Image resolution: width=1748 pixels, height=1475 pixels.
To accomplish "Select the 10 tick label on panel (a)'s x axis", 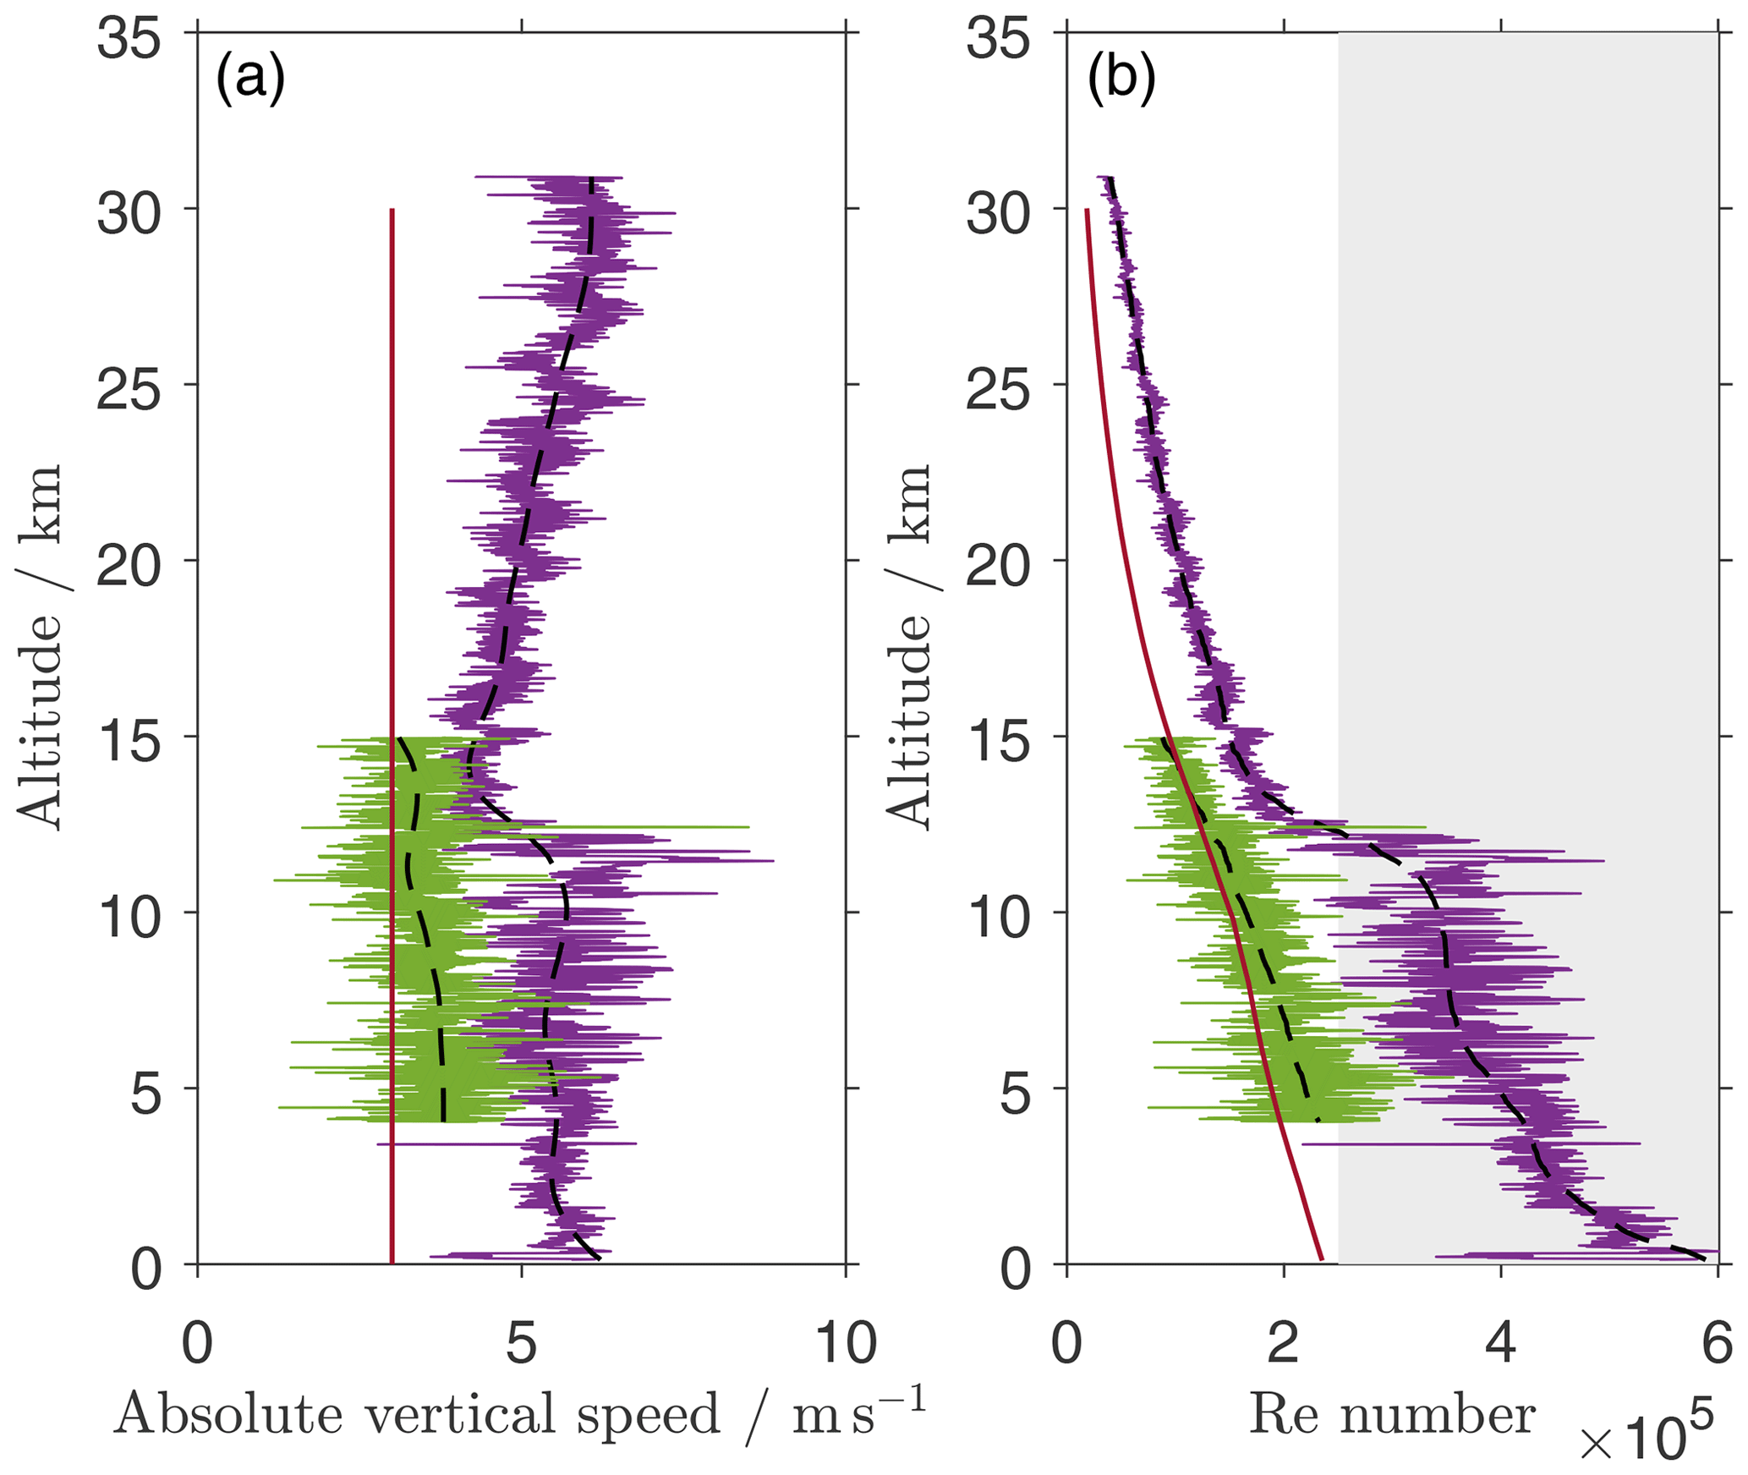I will click(845, 1342).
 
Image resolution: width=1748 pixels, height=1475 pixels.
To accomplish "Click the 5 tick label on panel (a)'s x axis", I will click(521, 1342).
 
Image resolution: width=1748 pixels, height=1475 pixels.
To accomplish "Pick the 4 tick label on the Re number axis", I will click(1500, 1342).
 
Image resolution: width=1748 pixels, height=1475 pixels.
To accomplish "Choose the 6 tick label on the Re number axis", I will click(1717, 1342).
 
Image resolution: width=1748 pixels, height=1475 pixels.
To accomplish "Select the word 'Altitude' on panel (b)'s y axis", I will click(910, 719).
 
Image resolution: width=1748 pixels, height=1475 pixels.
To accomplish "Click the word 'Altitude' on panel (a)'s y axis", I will click(41, 719).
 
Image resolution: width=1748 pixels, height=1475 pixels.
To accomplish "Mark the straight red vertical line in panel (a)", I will click(392, 592).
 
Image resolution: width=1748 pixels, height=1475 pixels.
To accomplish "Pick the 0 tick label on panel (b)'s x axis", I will click(1066, 1342).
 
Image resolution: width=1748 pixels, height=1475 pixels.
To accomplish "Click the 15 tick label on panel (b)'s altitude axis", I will click(998, 742).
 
